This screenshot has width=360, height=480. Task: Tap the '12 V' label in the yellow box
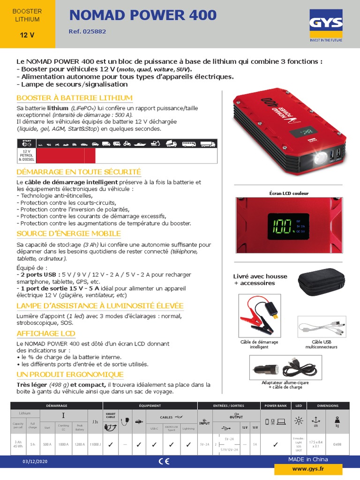click(27, 35)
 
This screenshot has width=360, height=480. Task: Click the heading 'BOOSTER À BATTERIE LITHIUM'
click(75, 97)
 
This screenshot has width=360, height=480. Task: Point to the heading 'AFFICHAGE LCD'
click(46, 333)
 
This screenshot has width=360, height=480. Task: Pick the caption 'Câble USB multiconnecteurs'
click(322, 345)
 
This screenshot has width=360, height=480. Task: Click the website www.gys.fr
click(308, 468)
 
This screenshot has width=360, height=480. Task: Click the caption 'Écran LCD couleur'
click(289, 193)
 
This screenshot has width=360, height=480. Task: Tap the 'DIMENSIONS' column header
click(327, 405)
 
